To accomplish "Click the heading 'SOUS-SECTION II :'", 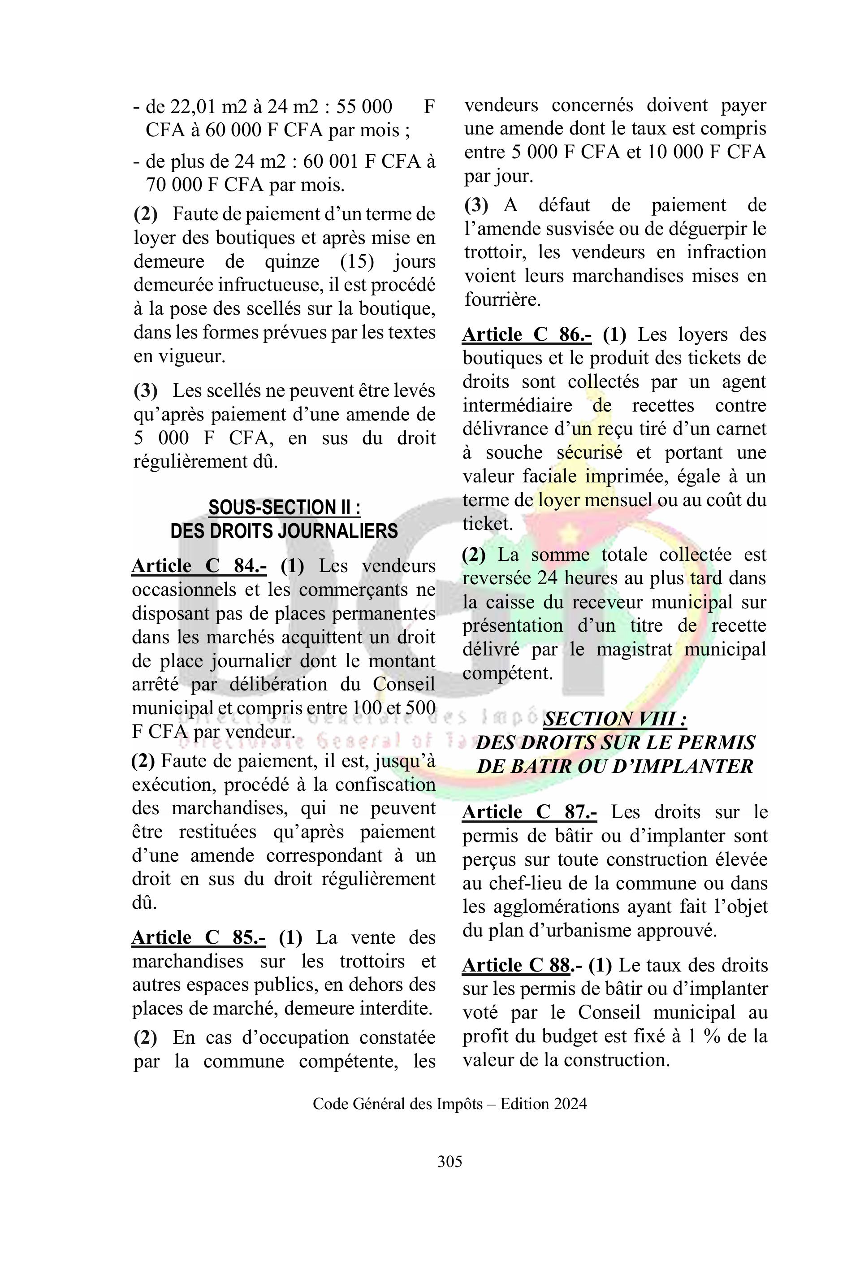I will (x=285, y=508).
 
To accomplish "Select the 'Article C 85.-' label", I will (x=198, y=937).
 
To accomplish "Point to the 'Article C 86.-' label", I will (x=527, y=334).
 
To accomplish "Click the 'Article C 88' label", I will (x=516, y=965).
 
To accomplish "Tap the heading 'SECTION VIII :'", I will (x=615, y=719).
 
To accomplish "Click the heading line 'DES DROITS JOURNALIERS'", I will (x=284, y=531).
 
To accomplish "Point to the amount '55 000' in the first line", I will (x=364, y=106).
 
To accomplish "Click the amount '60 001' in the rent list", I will (x=331, y=161).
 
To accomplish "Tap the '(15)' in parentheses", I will (x=357, y=261).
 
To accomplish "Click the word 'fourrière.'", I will (x=502, y=299).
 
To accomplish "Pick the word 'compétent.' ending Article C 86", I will (x=508, y=673).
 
